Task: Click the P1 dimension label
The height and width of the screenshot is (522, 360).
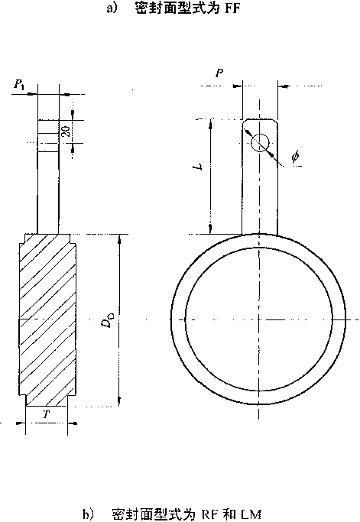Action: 19,85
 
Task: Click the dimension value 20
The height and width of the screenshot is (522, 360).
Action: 66,131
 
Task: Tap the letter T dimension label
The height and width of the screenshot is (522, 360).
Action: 47,414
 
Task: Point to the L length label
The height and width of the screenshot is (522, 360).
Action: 199,167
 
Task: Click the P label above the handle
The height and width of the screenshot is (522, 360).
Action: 219,73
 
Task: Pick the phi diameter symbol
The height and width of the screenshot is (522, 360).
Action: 295,157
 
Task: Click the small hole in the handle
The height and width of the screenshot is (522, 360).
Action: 259,143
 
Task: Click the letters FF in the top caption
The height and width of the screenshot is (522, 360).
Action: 232,8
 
